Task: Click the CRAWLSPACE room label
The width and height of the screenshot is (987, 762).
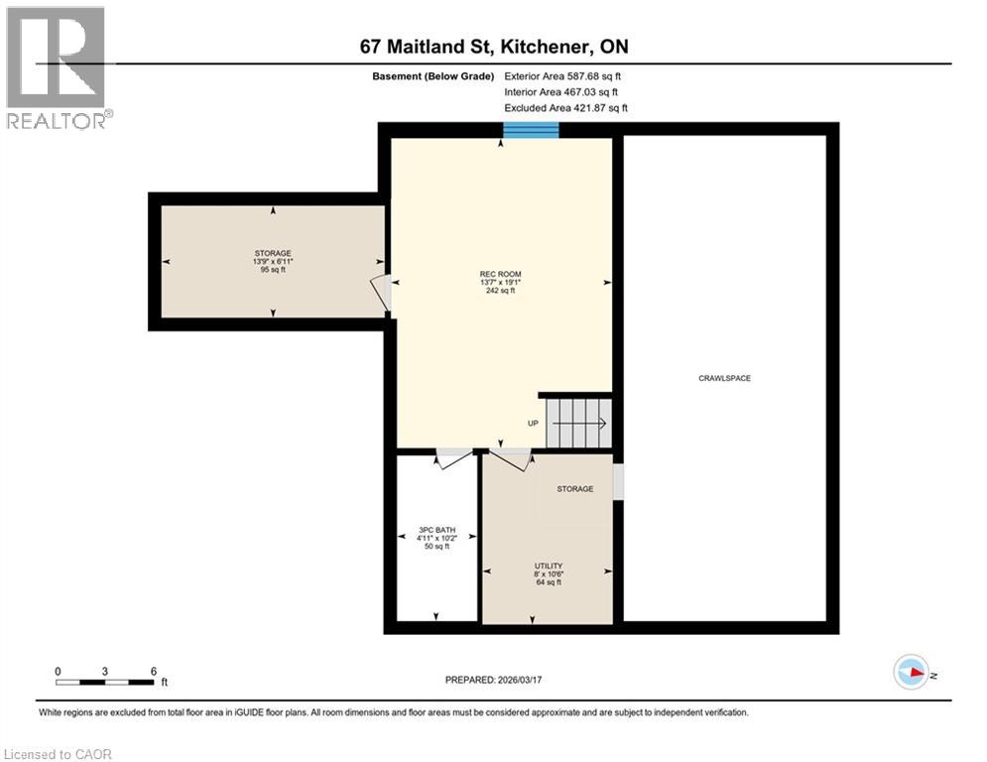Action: (x=724, y=378)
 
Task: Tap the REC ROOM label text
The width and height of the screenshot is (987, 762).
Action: (x=500, y=274)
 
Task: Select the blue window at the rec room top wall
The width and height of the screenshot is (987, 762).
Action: (x=531, y=130)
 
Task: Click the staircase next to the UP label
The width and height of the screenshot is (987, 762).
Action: (x=579, y=420)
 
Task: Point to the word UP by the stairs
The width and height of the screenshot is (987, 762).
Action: (x=533, y=424)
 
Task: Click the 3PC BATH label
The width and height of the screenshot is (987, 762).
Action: (x=436, y=530)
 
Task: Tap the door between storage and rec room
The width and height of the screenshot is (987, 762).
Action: (x=381, y=292)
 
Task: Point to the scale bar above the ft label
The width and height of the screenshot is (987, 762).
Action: (x=105, y=682)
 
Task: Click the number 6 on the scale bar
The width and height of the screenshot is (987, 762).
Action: (x=154, y=671)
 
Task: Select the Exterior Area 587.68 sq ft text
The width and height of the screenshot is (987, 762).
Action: (x=562, y=75)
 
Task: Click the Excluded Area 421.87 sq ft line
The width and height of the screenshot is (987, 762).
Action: (x=565, y=108)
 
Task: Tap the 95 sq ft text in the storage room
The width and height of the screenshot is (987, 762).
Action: (x=272, y=269)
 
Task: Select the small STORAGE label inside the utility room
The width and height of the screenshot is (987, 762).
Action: (x=574, y=489)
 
